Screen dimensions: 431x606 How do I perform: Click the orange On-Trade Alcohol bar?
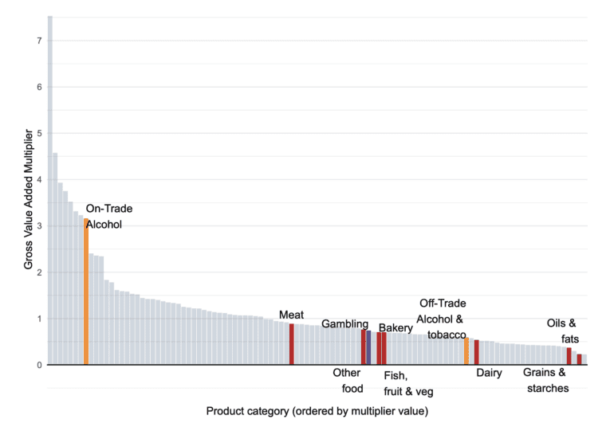point(86,292)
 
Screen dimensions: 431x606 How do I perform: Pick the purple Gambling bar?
point(368,348)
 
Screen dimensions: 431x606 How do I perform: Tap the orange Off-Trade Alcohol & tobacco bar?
point(466,351)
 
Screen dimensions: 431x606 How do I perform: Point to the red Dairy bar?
point(477,353)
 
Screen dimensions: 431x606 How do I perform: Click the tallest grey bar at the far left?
point(50,191)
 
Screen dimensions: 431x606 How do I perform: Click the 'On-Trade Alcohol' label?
point(108,217)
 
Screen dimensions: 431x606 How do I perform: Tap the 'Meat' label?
point(291,315)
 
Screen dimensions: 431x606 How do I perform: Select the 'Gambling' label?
point(344,324)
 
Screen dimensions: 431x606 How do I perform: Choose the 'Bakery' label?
point(395,327)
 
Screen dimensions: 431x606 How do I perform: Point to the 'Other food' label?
point(347,380)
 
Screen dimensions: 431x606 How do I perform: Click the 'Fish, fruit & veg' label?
point(408,383)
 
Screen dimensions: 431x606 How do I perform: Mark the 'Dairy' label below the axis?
point(489,373)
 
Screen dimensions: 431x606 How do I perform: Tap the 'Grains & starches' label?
point(545,380)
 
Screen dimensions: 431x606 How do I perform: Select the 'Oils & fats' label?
point(561,331)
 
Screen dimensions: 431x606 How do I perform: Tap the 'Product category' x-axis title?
point(317,411)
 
